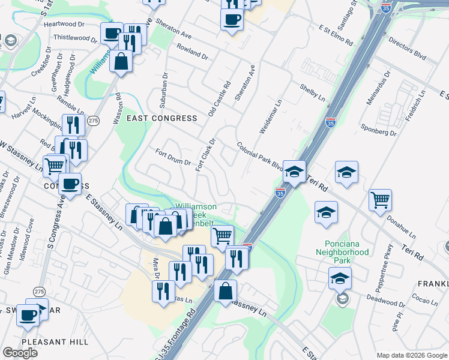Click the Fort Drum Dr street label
point(173,158)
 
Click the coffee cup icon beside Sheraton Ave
point(232,19)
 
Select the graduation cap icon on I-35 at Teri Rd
point(294,172)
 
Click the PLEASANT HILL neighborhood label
point(55,342)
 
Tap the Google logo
point(20,353)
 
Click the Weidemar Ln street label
point(270,117)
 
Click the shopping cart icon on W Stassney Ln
point(54,164)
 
